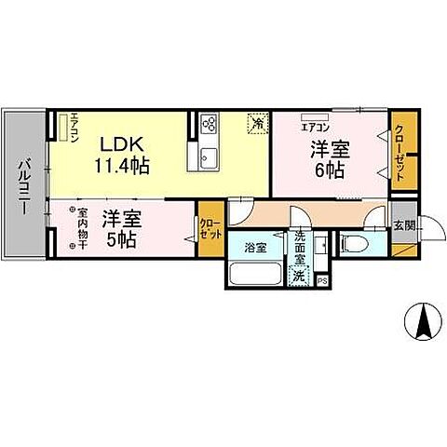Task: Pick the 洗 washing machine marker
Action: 300,276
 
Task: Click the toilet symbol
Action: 357,244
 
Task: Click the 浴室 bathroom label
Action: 256,249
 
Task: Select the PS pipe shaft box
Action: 322,279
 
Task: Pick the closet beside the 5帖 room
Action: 211,229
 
